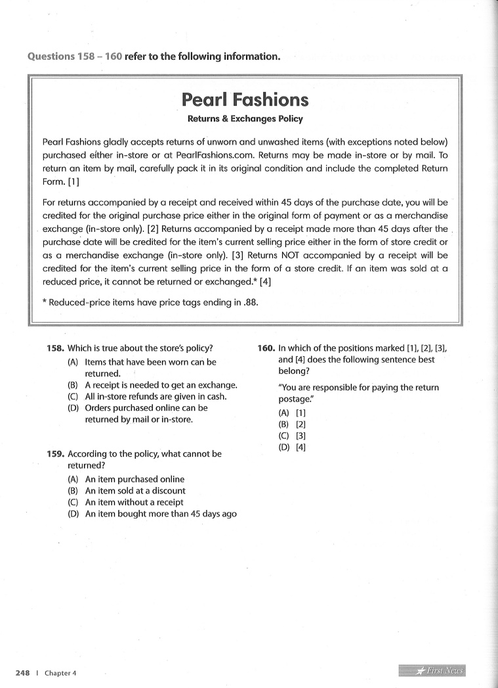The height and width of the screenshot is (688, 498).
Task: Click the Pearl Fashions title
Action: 245,100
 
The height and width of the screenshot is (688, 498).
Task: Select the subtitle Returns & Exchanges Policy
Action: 245,120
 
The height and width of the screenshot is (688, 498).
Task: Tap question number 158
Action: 56,349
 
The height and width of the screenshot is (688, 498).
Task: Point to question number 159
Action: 56,454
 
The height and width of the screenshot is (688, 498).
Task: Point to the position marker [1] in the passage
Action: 73,181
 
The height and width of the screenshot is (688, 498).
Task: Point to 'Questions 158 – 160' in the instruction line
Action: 75,56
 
